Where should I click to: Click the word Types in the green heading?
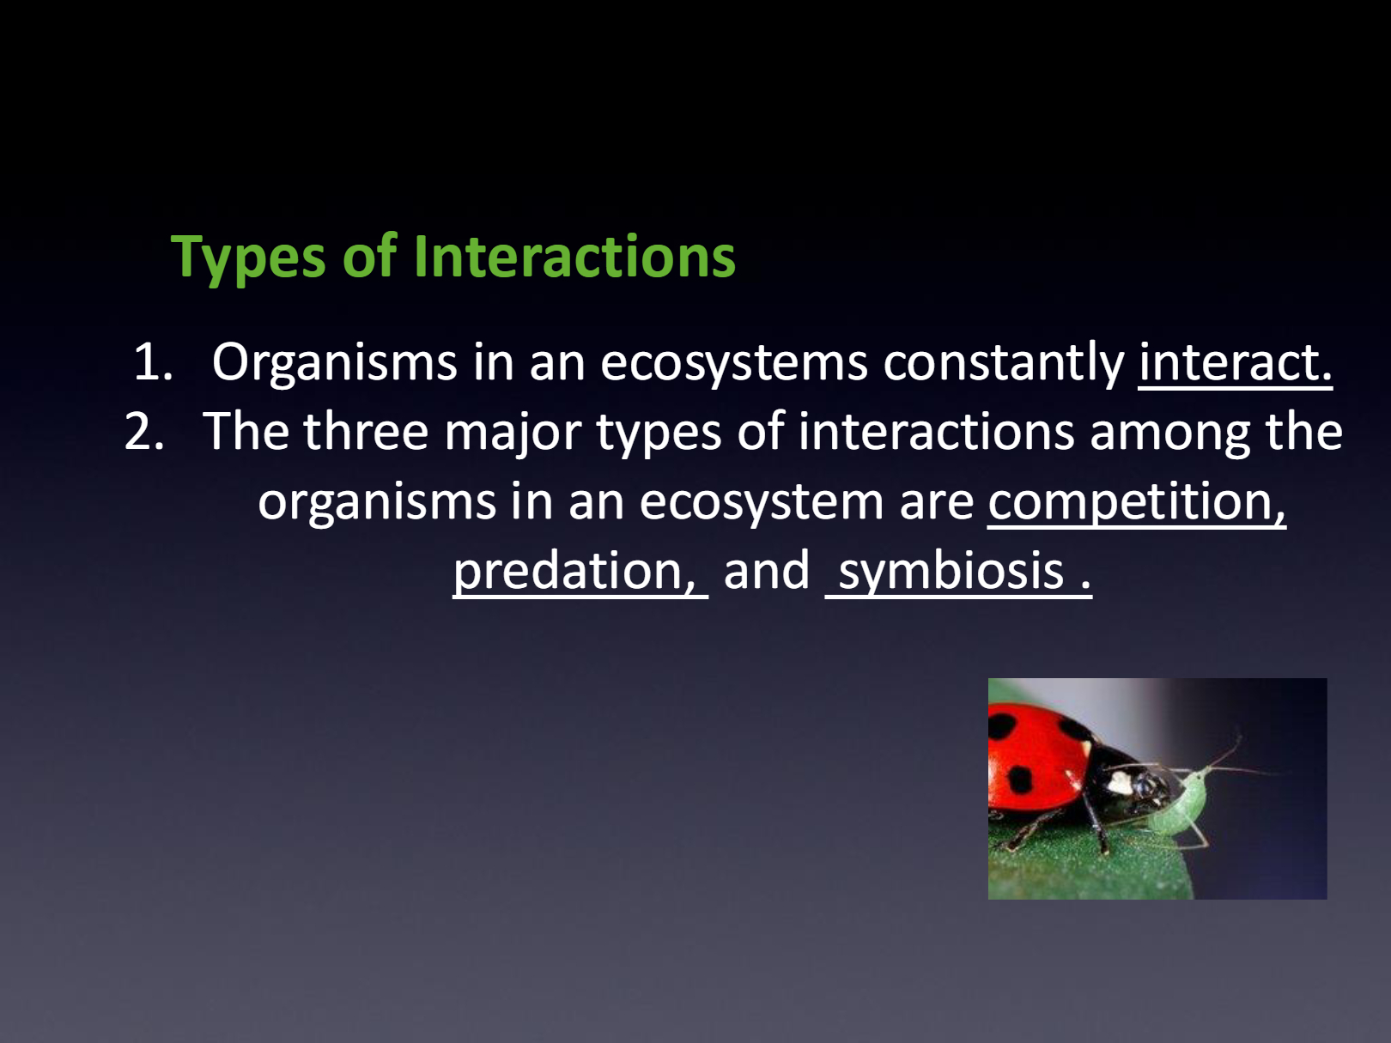(x=248, y=257)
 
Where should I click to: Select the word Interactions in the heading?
(x=574, y=256)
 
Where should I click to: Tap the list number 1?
(x=153, y=362)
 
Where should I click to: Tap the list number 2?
(x=144, y=432)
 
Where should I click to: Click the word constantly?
(x=1003, y=363)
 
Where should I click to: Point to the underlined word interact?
(x=1235, y=363)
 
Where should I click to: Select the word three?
(x=366, y=432)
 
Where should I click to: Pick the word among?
(x=1169, y=434)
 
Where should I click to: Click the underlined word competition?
(x=1137, y=502)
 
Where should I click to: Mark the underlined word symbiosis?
(x=951, y=572)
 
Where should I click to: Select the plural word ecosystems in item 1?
(x=734, y=364)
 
